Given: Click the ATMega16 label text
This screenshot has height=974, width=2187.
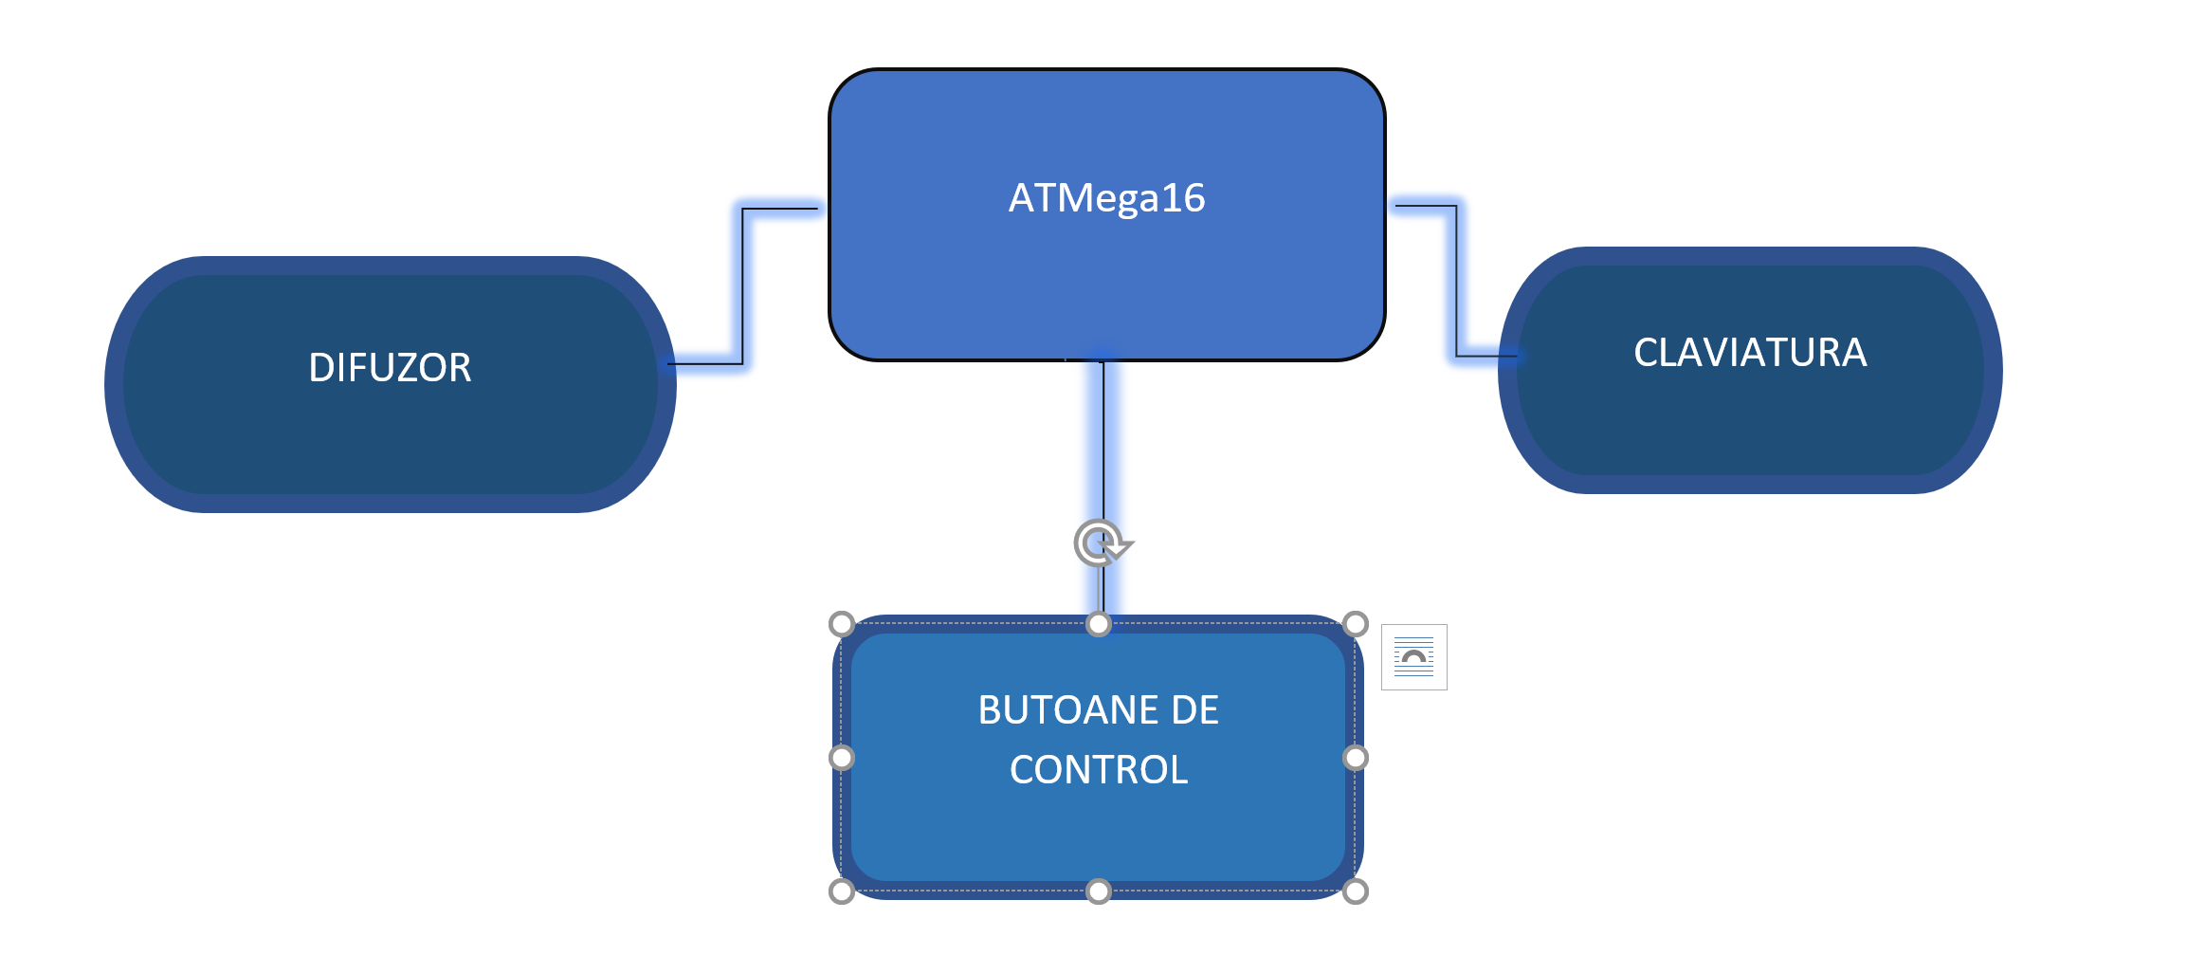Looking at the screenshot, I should pyautogui.click(x=1105, y=198).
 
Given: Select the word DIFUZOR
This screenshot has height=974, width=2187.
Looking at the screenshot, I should pyautogui.click(x=390, y=368).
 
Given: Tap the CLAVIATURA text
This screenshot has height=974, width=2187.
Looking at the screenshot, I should pyautogui.click(x=1750, y=353).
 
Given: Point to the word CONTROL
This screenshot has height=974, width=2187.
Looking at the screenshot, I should pyautogui.click(x=1099, y=770).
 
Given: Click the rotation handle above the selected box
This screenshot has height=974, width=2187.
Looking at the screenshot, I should pyautogui.click(x=1099, y=543).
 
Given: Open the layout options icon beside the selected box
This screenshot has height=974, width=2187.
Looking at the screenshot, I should pyautogui.click(x=1413, y=657).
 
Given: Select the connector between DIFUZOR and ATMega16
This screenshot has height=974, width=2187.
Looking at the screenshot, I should pyautogui.click(x=742, y=285).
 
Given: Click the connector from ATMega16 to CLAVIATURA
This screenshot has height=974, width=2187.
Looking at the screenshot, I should pyautogui.click(x=1455, y=285).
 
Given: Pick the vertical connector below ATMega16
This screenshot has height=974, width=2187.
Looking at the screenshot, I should pyautogui.click(x=1103, y=446).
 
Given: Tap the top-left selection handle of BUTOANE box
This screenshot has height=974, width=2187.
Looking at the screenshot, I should pyautogui.click(x=841, y=624).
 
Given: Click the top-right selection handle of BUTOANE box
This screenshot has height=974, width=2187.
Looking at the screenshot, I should pyautogui.click(x=1356, y=624).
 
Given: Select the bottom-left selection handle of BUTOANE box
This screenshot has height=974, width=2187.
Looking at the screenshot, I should pyautogui.click(x=841, y=891).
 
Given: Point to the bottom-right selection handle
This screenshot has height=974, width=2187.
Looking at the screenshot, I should pyautogui.click(x=1356, y=891).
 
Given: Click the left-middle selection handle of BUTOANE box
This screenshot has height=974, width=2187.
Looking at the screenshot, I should pyautogui.click(x=841, y=758).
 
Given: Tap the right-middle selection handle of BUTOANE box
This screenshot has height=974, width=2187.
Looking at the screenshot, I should pyautogui.click(x=1356, y=758).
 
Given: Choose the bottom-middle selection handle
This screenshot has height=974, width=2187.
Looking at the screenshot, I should pyautogui.click(x=1098, y=891).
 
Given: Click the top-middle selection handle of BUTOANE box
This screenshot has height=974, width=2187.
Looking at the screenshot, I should pyautogui.click(x=1098, y=624).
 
